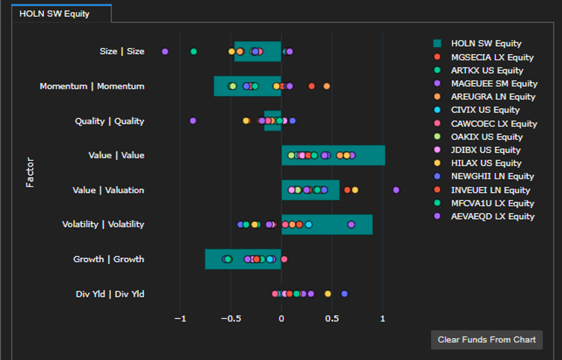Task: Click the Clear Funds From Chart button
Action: pos(486,340)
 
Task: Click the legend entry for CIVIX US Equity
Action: pos(485,110)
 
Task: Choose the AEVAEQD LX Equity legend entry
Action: pos(492,216)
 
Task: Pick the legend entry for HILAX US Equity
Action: pos(486,163)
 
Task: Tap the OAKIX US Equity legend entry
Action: pos(486,137)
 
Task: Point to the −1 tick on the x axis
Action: pos(180,318)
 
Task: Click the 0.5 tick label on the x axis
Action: pos(332,318)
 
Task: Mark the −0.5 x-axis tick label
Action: pos(231,318)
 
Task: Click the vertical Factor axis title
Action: pos(30,172)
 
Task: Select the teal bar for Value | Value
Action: pos(333,155)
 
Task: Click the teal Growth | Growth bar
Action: pos(243,259)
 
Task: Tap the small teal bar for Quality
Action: pos(273,121)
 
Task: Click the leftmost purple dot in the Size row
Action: pos(165,51)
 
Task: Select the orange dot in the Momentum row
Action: pos(326,86)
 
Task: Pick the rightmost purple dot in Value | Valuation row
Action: pos(396,190)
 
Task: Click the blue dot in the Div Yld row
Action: pos(345,294)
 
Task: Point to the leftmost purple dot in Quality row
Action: pos(193,121)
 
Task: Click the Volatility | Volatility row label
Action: pos(103,224)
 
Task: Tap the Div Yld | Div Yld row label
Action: pos(110,294)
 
